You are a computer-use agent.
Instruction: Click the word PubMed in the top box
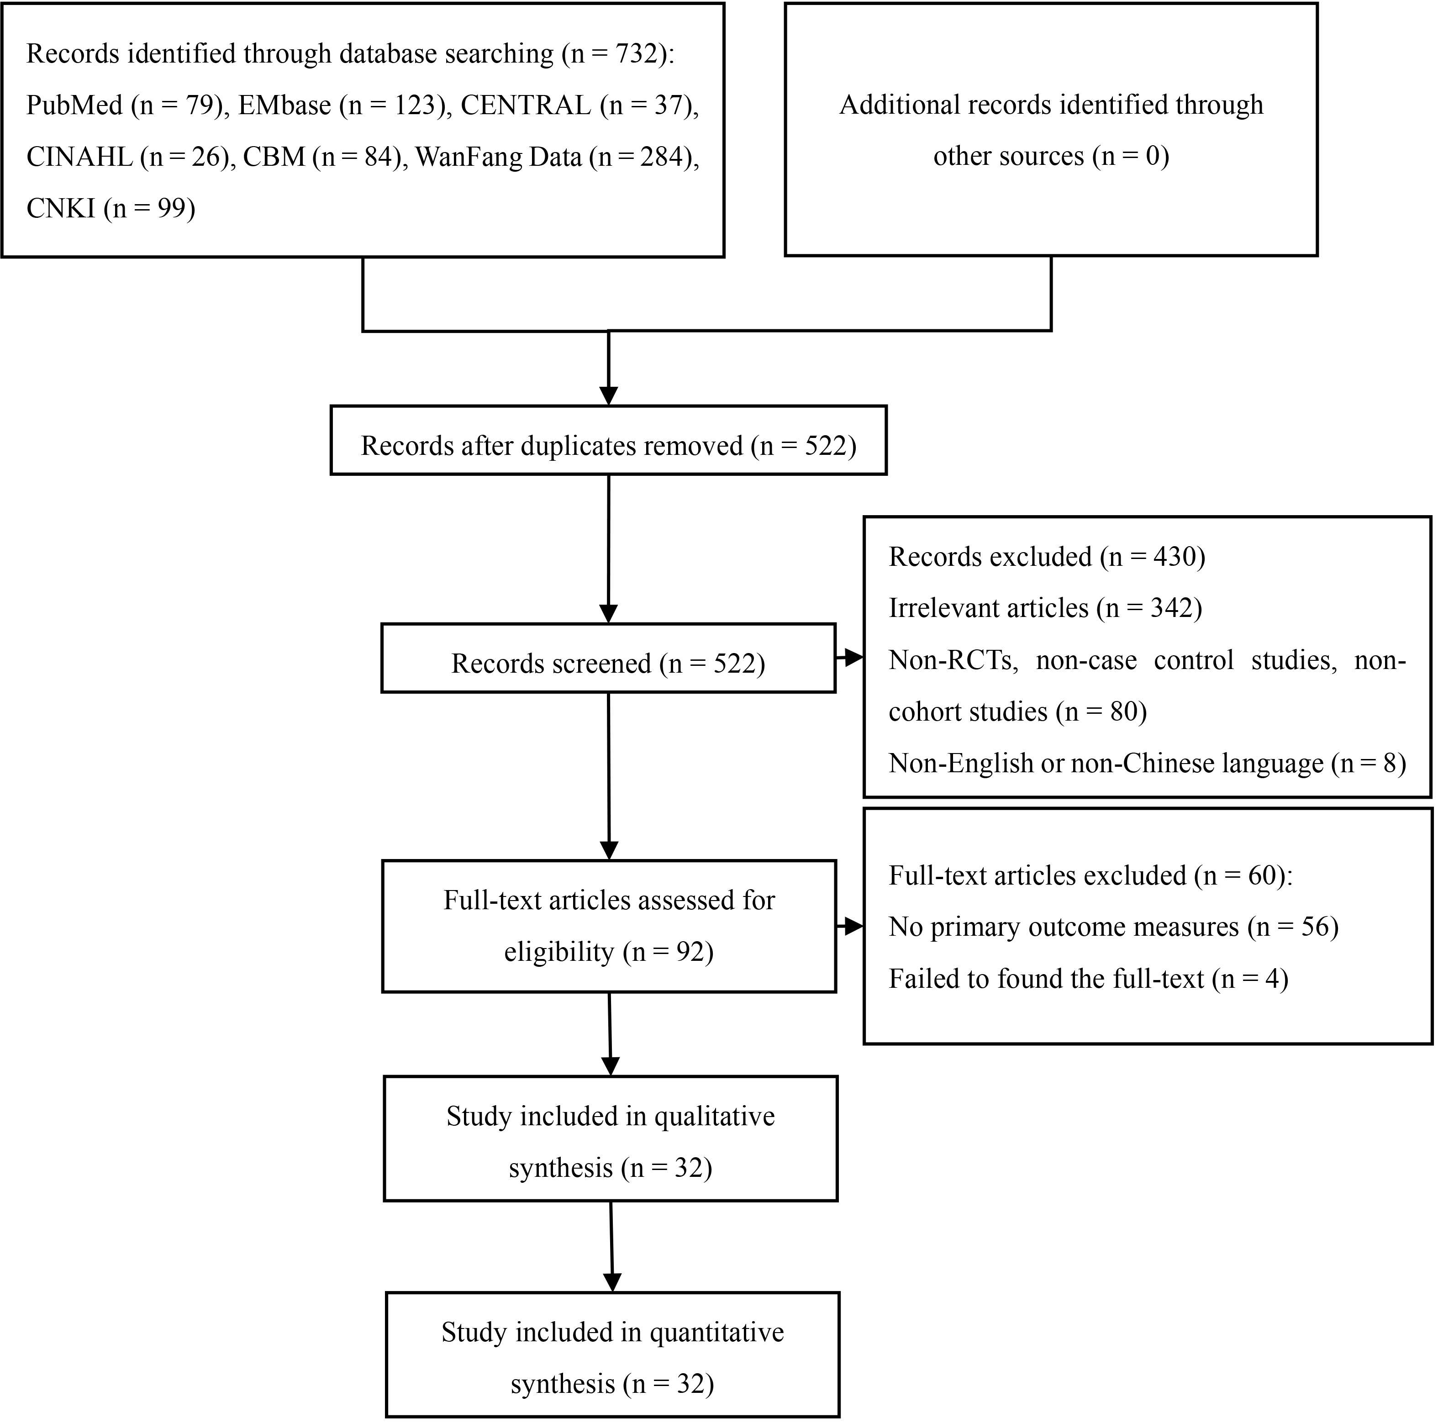[74, 105]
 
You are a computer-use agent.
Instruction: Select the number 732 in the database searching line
[635, 53]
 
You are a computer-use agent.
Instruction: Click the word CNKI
[61, 208]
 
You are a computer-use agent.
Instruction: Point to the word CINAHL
[79, 156]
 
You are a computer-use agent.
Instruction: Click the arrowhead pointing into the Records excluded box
[854, 658]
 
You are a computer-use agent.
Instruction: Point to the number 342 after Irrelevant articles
[1171, 608]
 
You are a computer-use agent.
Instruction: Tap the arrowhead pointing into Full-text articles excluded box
[854, 927]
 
